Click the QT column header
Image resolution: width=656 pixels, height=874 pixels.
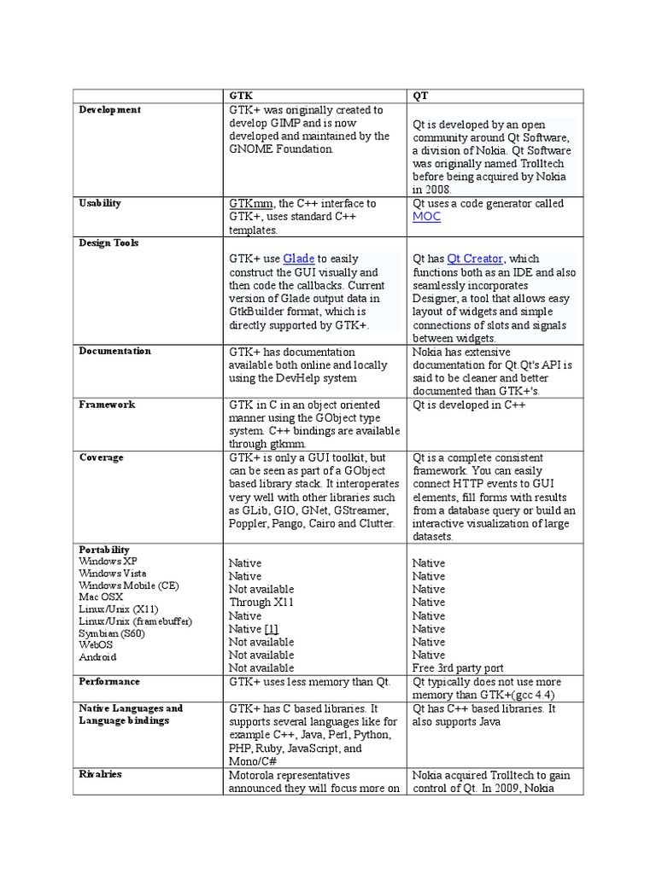[420, 96]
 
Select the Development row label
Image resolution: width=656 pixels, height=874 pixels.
[110, 110]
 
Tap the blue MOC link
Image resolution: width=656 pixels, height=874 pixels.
[426, 217]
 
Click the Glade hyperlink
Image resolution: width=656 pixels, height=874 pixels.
[299, 259]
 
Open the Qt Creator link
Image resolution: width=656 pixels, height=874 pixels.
[475, 259]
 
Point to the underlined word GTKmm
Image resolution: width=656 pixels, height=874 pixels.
[251, 204]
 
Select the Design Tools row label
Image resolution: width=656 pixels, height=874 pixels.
[108, 243]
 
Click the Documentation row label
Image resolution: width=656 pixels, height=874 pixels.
[114, 351]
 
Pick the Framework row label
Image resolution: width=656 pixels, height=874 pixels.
[107, 405]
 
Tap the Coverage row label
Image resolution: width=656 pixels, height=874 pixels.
[102, 457]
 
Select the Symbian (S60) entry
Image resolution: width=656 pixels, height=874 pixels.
[112, 633]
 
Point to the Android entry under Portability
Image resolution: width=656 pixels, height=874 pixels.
[97, 657]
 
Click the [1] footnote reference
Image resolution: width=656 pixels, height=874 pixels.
[271, 629]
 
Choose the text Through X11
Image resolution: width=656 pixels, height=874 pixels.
[261, 603]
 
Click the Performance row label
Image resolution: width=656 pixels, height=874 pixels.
[109, 682]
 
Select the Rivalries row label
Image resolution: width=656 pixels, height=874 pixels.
[101, 774]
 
